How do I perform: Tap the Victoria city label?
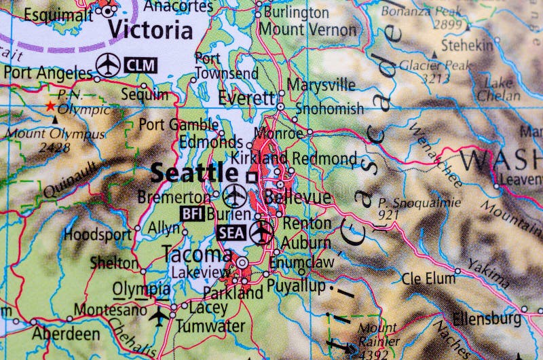(150, 31)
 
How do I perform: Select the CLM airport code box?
(141, 66)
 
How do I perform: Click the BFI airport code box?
(192, 213)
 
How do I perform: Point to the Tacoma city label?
(197, 254)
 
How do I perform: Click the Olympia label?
(141, 289)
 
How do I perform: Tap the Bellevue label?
(299, 198)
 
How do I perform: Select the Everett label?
(246, 98)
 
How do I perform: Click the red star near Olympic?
(49, 107)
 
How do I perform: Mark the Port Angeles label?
(47, 73)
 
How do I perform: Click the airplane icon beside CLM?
(109, 65)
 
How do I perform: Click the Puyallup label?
(295, 285)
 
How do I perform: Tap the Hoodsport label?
(98, 234)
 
